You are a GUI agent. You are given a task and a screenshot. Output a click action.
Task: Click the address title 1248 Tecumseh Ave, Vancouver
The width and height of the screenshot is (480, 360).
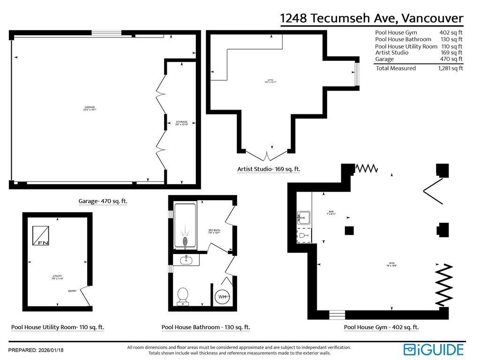(x=372, y=19)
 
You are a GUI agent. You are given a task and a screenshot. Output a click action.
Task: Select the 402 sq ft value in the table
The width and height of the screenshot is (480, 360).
(x=450, y=33)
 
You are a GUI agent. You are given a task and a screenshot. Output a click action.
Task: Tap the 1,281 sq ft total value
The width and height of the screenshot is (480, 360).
(x=450, y=68)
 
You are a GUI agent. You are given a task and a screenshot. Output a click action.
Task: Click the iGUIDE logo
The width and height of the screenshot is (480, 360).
(x=434, y=350)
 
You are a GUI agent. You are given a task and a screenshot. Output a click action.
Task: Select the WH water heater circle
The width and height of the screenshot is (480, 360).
(x=223, y=296)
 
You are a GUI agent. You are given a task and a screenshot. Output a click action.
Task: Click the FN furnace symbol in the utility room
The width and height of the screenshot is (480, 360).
(x=40, y=236)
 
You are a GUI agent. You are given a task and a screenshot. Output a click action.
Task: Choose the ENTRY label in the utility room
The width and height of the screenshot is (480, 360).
(x=72, y=291)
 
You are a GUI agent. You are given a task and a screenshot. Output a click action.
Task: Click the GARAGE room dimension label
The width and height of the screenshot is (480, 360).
(x=90, y=108)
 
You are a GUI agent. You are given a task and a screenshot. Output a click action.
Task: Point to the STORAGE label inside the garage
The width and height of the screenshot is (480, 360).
(x=182, y=123)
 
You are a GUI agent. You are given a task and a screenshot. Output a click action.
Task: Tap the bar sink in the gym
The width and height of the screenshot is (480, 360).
(x=304, y=217)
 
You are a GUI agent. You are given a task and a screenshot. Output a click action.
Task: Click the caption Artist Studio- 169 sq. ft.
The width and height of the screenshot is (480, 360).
(x=269, y=169)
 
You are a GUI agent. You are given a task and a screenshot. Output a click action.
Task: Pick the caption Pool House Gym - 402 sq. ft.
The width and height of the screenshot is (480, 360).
(x=381, y=328)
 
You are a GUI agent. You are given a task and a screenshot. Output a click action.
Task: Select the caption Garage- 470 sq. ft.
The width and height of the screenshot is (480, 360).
(x=103, y=202)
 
